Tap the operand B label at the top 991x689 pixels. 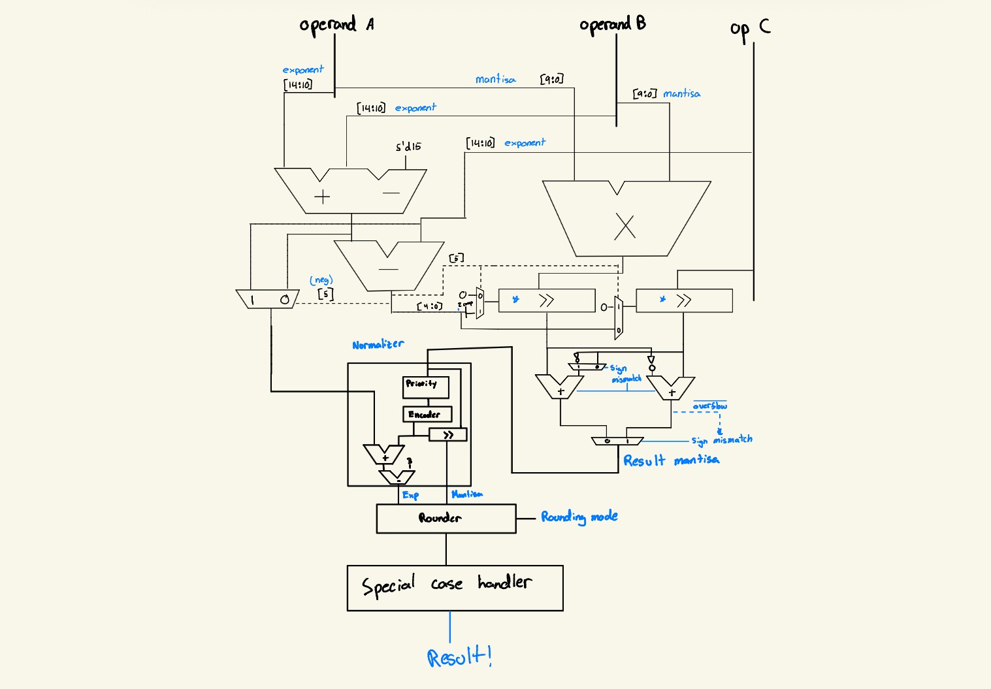(612, 24)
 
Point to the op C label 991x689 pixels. (750, 29)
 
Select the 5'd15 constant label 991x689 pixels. (408, 147)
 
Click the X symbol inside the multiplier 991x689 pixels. (625, 227)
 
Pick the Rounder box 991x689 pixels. (446, 519)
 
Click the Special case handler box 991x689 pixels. (455, 588)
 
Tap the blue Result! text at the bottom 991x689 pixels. (459, 656)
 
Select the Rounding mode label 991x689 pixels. (579, 517)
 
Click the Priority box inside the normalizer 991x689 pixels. (425, 386)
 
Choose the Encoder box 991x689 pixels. (427, 414)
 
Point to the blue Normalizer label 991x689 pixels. (378, 344)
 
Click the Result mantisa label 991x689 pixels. (671, 460)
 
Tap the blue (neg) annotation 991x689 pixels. (321, 280)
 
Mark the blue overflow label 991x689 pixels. (709, 406)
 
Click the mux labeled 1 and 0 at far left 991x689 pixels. (268, 299)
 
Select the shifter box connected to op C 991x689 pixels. (684, 300)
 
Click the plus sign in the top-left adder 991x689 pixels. (322, 197)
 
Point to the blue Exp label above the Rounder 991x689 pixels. (410, 495)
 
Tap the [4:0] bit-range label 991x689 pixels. (429, 306)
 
